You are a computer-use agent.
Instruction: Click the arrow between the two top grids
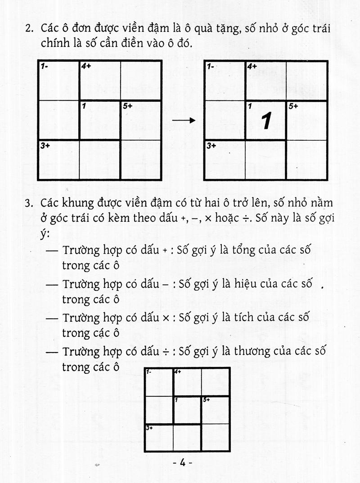point(184,121)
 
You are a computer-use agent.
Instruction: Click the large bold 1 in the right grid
point(266,121)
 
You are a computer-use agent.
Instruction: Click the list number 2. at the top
point(30,29)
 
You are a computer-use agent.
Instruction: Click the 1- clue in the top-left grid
point(45,66)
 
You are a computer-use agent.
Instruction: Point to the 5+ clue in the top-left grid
point(127,106)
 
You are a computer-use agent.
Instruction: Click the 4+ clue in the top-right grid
point(252,66)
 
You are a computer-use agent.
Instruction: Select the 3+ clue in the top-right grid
point(211,146)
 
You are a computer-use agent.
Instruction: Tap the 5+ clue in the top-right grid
point(293,106)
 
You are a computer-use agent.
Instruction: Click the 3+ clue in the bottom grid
point(150,428)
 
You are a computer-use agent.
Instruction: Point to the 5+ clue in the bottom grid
point(206,399)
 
